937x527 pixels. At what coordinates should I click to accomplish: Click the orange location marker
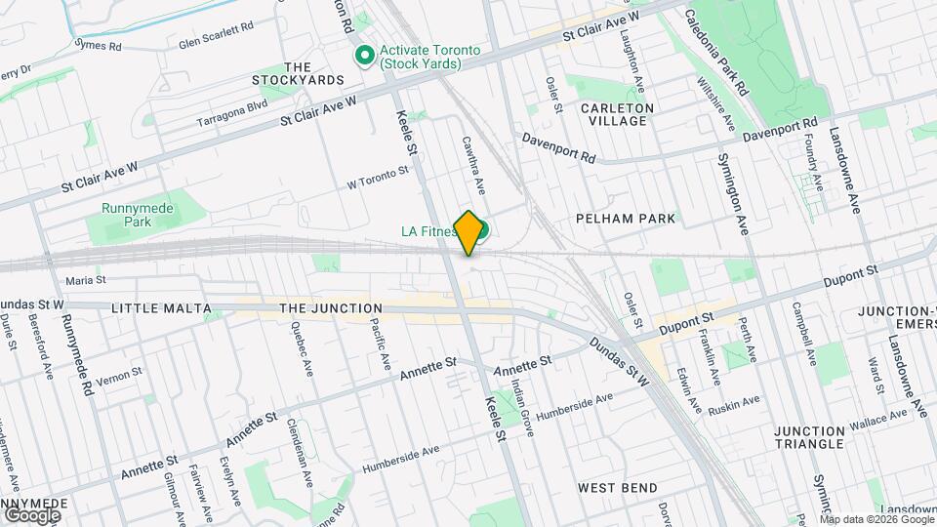click(x=468, y=232)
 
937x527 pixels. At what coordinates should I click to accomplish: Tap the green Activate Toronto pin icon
click(x=366, y=55)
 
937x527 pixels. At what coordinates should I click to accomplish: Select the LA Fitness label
click(x=428, y=232)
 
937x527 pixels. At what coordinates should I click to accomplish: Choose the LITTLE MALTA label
click(x=161, y=308)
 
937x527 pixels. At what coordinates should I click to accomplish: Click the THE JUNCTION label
click(x=331, y=308)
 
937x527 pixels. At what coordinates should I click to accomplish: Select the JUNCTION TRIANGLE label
click(x=809, y=436)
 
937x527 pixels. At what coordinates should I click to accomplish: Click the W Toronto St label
click(x=378, y=178)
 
